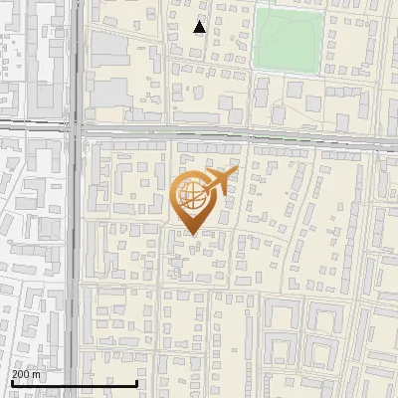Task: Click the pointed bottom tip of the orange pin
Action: [191, 234]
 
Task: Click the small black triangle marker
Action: [200, 27]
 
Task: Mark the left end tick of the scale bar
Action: [12, 382]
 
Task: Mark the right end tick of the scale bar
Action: [137, 382]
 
